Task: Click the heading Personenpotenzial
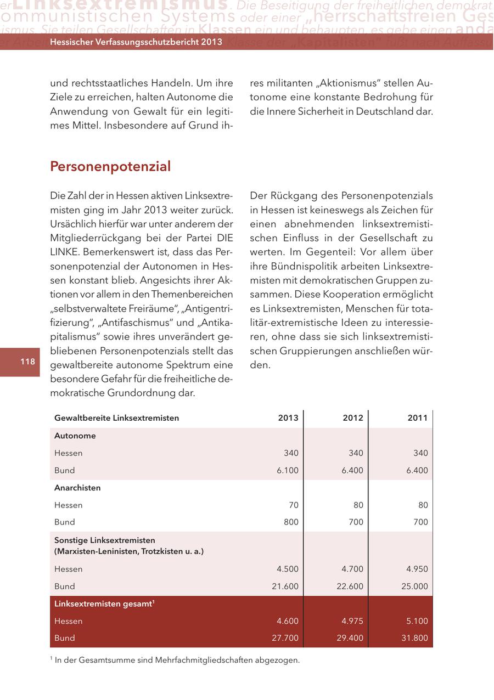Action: tap(110, 166)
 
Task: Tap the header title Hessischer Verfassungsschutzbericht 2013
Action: tap(136, 42)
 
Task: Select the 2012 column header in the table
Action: tap(353, 418)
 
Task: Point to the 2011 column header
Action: tap(417, 418)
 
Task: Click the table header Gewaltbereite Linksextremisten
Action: tap(116, 418)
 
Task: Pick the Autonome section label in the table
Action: tap(75, 436)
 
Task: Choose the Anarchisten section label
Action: tap(77, 488)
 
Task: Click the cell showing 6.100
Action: tap(288, 471)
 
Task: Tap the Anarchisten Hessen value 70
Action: tap(294, 505)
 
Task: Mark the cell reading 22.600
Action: tap(350, 586)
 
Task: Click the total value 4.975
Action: tap(352, 621)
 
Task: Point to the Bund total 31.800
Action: tap(414, 639)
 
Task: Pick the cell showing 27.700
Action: tap(285, 639)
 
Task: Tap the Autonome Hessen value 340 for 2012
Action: tap(355, 453)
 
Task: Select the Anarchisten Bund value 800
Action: tap(290, 522)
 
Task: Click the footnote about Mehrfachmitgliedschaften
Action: tap(175, 660)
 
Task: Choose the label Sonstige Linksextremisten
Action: tap(105, 541)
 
